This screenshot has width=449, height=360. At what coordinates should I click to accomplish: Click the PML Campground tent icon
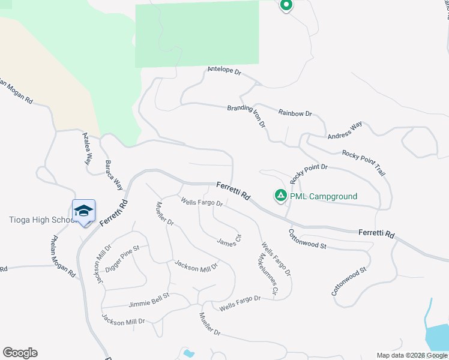click(x=280, y=196)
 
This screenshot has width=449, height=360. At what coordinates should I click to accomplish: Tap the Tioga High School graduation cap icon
click(x=83, y=211)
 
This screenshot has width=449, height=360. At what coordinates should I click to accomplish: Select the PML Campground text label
click(x=324, y=196)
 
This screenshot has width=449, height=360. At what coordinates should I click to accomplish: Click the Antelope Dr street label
click(x=224, y=71)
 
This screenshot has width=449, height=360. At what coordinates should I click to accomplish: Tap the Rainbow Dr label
click(x=295, y=113)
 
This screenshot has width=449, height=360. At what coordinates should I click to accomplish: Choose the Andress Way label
click(x=345, y=131)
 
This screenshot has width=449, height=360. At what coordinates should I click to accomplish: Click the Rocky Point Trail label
click(x=364, y=163)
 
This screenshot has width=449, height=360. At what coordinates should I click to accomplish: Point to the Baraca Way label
click(x=114, y=175)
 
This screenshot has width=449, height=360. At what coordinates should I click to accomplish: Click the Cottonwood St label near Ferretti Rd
click(x=307, y=239)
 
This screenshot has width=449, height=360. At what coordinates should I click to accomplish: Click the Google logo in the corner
click(x=20, y=353)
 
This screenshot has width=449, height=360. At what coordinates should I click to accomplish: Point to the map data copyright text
click(x=412, y=355)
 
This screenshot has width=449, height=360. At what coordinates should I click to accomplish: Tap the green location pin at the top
click(x=286, y=5)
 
